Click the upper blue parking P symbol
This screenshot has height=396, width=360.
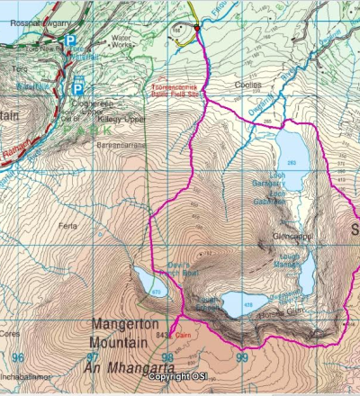[70, 41]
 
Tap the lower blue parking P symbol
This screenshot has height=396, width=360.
[78, 88]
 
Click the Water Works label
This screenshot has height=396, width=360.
[121, 41]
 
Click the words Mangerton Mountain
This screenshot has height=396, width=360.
[129, 330]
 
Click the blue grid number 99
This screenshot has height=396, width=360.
[240, 358]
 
